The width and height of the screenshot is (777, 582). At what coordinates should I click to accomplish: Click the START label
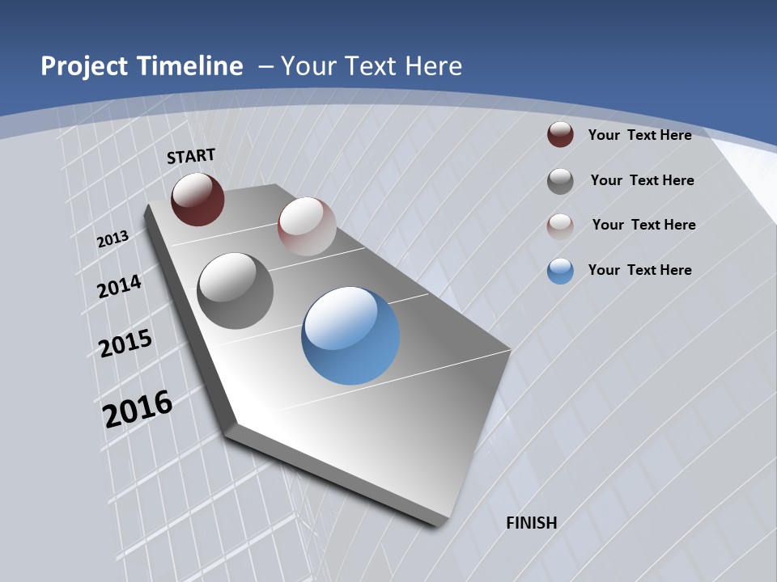click(x=191, y=156)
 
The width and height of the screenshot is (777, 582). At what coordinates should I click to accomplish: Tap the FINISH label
click(x=532, y=523)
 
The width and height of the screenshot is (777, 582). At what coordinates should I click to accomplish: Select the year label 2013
click(x=113, y=239)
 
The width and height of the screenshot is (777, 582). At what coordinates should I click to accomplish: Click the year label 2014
click(x=119, y=286)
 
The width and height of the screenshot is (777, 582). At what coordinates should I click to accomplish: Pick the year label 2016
click(x=138, y=409)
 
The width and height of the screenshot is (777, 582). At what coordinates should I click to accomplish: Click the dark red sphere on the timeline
click(x=197, y=199)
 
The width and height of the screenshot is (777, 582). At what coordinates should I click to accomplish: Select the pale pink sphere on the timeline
click(x=307, y=226)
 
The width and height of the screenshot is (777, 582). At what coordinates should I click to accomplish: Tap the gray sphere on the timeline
click(x=236, y=291)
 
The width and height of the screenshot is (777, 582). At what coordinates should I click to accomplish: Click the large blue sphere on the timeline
click(x=350, y=335)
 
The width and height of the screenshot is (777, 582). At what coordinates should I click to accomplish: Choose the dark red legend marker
click(x=560, y=135)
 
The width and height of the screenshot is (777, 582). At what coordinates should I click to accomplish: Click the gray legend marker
click(x=560, y=181)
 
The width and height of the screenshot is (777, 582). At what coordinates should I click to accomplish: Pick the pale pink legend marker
click(x=560, y=226)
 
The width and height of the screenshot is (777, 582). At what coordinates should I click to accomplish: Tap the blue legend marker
click(x=560, y=271)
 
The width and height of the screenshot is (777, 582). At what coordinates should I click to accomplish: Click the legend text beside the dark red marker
click(x=639, y=135)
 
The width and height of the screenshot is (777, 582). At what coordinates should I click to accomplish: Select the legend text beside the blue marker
click(x=639, y=270)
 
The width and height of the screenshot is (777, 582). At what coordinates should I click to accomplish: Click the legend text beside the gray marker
click(x=642, y=180)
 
